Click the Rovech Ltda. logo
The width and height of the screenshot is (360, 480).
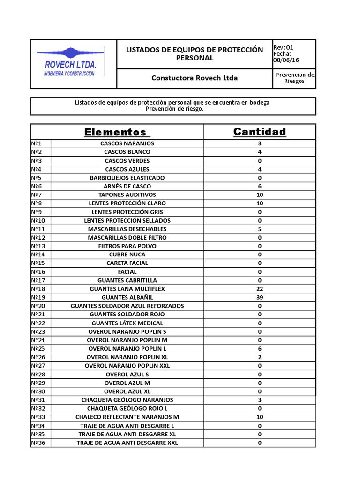70,63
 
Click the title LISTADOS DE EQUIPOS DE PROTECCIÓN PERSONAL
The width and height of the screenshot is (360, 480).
195,54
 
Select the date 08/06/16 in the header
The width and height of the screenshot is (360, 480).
286,60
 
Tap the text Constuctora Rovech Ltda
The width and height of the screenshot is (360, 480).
195,78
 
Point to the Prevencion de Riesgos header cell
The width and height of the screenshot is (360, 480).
294,78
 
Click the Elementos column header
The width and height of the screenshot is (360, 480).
115,132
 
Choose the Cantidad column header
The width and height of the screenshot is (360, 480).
260,132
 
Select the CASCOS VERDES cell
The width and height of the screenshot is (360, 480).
127,161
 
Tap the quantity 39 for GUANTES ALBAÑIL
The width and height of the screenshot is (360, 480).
260,297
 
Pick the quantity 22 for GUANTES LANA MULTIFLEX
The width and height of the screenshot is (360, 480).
260,289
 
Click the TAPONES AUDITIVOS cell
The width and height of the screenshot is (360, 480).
127,195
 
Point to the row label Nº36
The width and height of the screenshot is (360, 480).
38,442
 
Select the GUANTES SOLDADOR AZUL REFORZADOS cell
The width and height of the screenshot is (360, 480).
127,306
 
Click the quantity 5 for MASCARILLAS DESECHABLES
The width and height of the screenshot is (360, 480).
260,229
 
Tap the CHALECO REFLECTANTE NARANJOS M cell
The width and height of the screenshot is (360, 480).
127,417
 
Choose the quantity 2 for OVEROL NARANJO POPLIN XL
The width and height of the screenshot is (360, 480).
260,357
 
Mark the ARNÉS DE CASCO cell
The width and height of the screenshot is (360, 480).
127,186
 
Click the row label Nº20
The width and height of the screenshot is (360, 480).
38,306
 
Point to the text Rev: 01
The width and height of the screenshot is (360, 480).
283,47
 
